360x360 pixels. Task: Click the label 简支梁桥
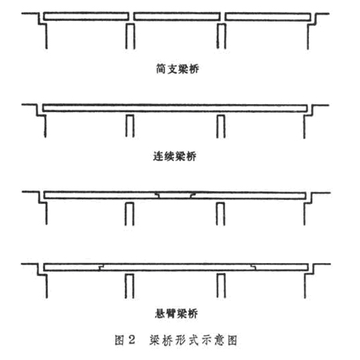(x=178, y=69)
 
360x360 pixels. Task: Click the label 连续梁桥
(x=174, y=156)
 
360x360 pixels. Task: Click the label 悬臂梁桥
(x=176, y=313)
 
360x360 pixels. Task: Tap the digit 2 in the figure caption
(x=131, y=340)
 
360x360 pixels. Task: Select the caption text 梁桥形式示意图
(x=194, y=340)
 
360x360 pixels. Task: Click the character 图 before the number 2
(x=119, y=340)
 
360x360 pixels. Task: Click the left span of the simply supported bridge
(x=86, y=16)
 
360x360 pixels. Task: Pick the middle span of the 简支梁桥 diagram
(x=177, y=16)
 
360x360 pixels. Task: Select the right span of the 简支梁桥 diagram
(x=268, y=17)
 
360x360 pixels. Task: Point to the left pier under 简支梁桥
(x=130, y=36)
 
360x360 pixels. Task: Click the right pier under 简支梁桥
(x=221, y=36)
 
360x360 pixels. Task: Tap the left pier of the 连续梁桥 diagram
(x=130, y=126)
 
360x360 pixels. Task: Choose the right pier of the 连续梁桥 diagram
(x=221, y=126)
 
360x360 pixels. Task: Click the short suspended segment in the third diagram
(x=175, y=195)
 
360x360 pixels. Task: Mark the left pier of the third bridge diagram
(x=130, y=214)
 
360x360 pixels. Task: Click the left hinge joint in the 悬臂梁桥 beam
(x=102, y=267)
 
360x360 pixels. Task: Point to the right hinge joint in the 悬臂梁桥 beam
(x=254, y=267)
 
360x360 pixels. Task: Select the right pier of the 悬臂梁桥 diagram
(x=221, y=286)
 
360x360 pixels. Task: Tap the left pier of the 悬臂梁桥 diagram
(x=130, y=286)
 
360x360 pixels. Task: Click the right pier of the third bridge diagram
(x=220, y=214)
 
